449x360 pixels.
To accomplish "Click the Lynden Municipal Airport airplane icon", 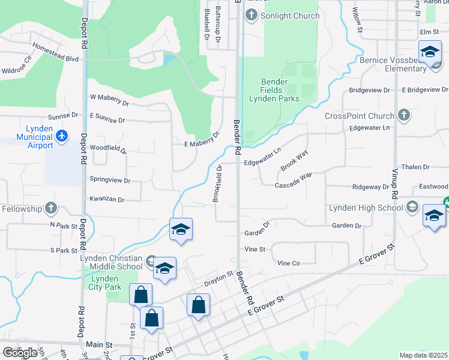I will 61,137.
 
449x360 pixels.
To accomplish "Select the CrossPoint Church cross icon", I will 404,115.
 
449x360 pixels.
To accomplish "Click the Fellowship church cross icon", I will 51,209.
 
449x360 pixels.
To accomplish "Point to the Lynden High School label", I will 366,208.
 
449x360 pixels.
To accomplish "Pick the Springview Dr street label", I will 109,179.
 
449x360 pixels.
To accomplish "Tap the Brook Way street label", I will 294,159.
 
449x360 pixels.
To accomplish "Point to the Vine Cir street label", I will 289,263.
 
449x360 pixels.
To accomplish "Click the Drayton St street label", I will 218,277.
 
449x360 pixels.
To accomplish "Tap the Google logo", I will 20,352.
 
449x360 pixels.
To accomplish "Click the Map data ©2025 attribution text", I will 423,355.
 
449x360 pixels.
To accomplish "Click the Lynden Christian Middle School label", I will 112,262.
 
